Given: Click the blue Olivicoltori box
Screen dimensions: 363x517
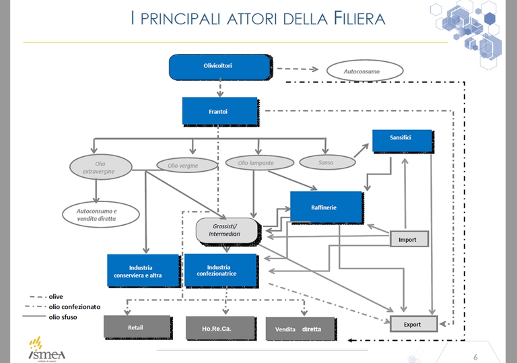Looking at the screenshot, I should [219, 67].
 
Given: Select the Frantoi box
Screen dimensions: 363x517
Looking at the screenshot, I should [219, 111].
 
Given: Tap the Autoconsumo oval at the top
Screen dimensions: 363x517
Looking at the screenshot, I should [364, 70].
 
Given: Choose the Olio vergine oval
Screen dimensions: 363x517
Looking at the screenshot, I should [187, 165].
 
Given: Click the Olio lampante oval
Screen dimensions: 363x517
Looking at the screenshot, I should [259, 162].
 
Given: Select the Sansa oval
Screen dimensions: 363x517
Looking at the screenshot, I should [326, 162].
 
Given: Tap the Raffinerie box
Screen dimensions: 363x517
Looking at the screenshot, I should [326, 207].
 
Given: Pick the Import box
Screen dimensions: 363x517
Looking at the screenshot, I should [409, 239].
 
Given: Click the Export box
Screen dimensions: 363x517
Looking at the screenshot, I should [413, 324].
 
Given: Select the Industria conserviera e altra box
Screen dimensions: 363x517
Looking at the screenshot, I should [143, 271].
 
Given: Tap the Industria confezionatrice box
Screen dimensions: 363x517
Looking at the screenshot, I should [220, 270].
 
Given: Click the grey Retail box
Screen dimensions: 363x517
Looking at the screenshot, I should [136, 328].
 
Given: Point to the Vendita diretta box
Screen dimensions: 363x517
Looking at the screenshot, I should [300, 329].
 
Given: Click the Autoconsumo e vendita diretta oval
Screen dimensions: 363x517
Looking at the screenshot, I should [100, 215].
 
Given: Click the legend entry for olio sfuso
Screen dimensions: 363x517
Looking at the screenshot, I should [71, 317].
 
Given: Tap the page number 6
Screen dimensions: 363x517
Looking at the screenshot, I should [475, 356].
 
